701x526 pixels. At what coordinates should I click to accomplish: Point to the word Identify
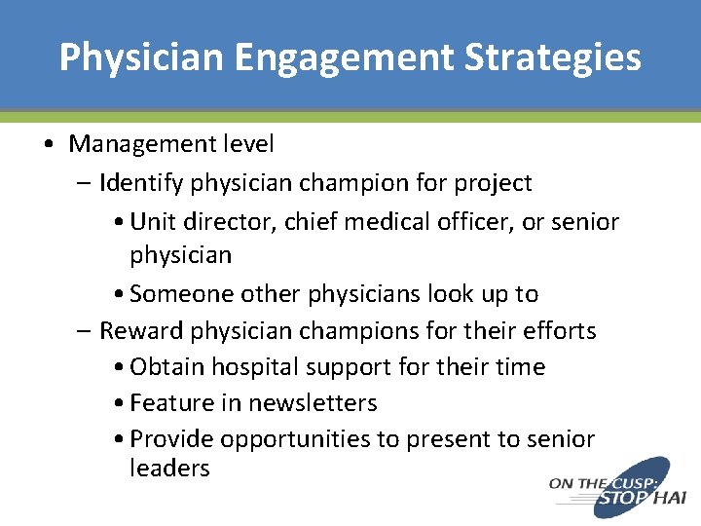(x=140, y=183)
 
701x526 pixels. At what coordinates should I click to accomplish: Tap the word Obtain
(x=163, y=367)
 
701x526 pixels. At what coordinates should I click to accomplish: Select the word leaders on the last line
(x=169, y=469)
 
